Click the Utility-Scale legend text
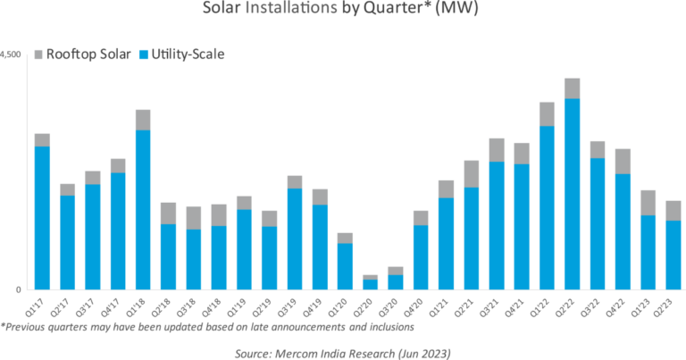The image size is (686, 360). tap(188, 55)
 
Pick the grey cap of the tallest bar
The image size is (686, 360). tap(572, 88)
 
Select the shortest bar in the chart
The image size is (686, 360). tap(370, 282)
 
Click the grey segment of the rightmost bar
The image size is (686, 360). tap(673, 210)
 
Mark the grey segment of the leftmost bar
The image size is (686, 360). tap(42, 139)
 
